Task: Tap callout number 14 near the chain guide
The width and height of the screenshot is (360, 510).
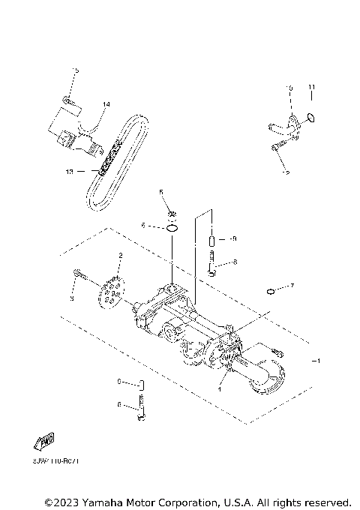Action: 106,104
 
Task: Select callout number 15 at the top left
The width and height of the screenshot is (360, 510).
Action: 74,70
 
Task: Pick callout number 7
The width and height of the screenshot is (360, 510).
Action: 292,286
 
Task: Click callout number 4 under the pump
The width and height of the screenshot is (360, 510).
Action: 220,389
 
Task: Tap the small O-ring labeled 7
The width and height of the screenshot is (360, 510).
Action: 268,290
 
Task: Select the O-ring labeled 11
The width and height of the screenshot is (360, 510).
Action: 312,117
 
